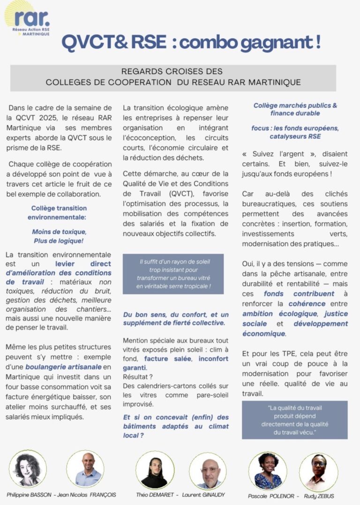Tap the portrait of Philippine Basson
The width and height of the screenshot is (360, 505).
coord(28,468)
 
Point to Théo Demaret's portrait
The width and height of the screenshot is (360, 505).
coord(155,469)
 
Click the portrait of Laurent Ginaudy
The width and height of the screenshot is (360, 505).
coord(208,470)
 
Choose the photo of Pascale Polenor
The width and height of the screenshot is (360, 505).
coord(268,470)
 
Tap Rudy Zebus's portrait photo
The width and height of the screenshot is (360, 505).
coord(318,471)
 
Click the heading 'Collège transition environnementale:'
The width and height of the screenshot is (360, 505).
coord(59,213)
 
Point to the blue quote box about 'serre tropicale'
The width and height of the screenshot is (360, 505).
coord(173,274)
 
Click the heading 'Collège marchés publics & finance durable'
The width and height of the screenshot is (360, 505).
coord(295,109)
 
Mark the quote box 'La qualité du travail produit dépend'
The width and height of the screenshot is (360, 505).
coord(294,420)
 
